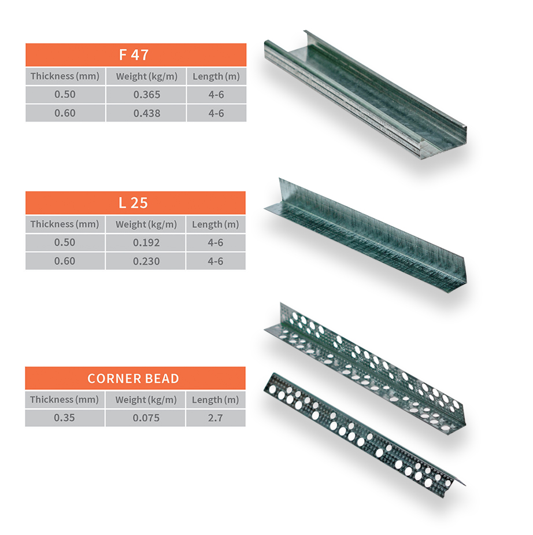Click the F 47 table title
click(134, 55)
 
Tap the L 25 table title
click(133, 203)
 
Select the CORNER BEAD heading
click(133, 378)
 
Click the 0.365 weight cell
click(147, 94)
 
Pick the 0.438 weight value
click(147, 113)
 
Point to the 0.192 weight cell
click(146, 242)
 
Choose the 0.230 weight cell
click(146, 261)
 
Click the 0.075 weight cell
click(146, 418)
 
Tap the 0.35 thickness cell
click(64, 418)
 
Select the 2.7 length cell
click(216, 418)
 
